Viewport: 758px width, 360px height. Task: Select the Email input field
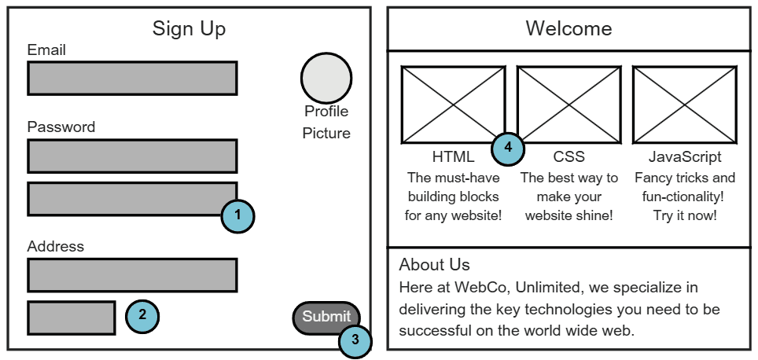point(132,78)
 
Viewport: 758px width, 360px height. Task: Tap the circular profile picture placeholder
point(326,77)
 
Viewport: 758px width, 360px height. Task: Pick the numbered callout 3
point(355,340)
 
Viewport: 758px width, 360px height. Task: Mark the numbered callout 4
point(508,147)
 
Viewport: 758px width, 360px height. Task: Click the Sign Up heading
point(189,29)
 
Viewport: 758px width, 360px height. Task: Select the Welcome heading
point(568,29)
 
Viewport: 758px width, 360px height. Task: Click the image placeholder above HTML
point(453,105)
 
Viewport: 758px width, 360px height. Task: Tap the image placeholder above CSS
point(568,105)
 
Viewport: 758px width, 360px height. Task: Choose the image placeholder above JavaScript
point(684,105)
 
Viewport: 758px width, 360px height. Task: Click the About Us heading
point(434,264)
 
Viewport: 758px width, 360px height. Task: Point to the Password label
point(61,127)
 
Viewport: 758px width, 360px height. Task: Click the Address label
point(55,247)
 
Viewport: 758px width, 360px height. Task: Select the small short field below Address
point(72,317)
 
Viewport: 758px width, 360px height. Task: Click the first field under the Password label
point(132,156)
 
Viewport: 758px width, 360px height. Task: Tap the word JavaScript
point(685,157)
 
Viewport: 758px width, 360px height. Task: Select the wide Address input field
point(132,275)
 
